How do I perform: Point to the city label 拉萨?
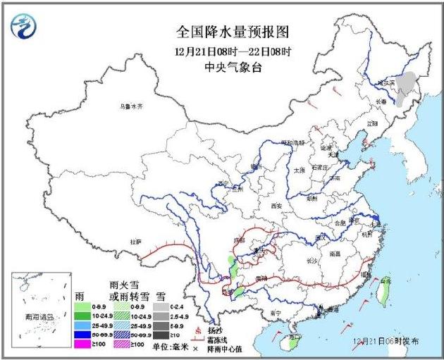click(x=135, y=242)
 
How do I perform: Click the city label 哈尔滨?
click(x=384, y=82)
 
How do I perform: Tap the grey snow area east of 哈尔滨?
click(x=405, y=88)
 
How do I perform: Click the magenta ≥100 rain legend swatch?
click(x=82, y=345)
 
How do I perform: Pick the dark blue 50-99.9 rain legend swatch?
click(x=82, y=335)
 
